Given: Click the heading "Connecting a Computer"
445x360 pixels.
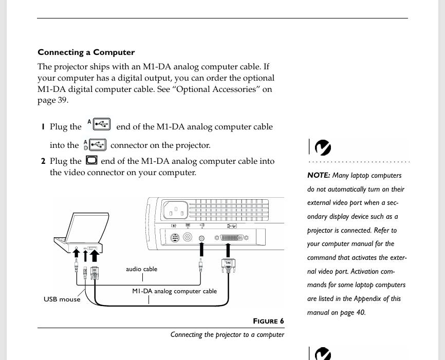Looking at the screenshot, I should click(x=86, y=52).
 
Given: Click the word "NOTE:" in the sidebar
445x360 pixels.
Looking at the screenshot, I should click(x=319, y=176).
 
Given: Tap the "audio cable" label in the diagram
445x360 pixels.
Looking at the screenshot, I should click(x=141, y=269).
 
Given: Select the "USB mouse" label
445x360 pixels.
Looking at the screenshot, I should click(x=62, y=299).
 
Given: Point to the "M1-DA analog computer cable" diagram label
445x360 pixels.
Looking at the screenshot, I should click(x=174, y=291).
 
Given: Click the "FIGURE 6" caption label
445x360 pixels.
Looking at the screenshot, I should click(x=268, y=321).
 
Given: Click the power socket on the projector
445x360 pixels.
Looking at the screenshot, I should click(x=175, y=211).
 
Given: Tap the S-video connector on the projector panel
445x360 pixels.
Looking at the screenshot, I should click(x=174, y=238).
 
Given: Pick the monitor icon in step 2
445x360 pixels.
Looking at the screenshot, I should click(x=91, y=160).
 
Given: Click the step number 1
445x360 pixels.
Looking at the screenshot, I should click(x=43, y=127).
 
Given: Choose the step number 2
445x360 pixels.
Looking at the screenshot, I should click(x=43, y=161).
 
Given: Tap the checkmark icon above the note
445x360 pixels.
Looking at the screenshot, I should click(x=322, y=148).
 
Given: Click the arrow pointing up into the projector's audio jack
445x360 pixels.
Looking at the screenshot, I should click(x=201, y=250).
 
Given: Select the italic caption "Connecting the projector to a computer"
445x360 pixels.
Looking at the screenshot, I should click(x=227, y=335).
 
